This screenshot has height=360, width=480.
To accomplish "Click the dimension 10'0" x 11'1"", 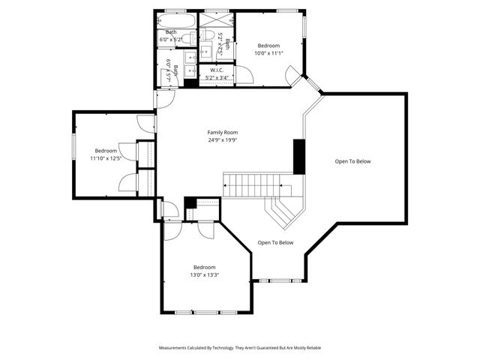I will [269, 53].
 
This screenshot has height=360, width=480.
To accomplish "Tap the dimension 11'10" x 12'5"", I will [106, 158].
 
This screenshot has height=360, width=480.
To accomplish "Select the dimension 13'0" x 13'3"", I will [204, 275].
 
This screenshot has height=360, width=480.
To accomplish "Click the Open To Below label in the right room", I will [352, 161].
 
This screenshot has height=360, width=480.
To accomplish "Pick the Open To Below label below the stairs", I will [275, 242].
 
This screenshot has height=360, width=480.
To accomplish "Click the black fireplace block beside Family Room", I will [298, 157].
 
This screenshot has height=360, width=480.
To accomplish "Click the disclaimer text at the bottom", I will [239, 348].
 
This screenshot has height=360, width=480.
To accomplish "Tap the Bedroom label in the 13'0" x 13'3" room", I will [204, 267].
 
